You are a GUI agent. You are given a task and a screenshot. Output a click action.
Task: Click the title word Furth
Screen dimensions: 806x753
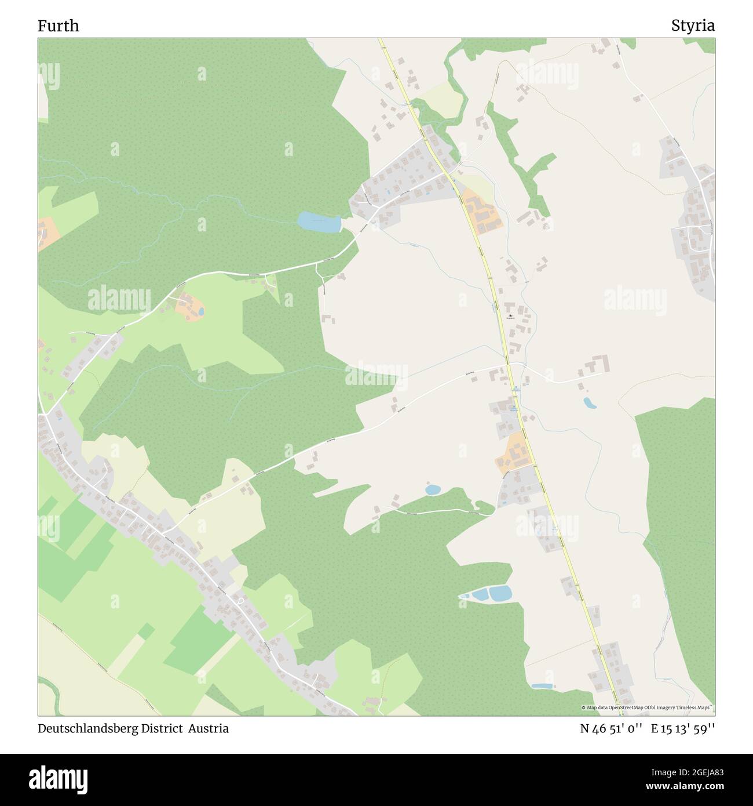(59, 26)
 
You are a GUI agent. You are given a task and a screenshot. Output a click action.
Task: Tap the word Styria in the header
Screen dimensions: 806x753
(693, 26)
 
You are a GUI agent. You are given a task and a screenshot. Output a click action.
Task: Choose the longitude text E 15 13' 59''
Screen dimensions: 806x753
(683, 729)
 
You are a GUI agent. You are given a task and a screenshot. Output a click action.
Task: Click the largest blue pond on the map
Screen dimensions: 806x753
(318, 222)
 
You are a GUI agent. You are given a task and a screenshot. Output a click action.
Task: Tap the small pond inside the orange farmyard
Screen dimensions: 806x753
(200, 311)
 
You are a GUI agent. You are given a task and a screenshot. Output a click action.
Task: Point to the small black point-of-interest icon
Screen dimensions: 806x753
(510, 316)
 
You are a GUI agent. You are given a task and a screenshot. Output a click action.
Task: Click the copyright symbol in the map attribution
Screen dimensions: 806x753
(584, 707)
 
